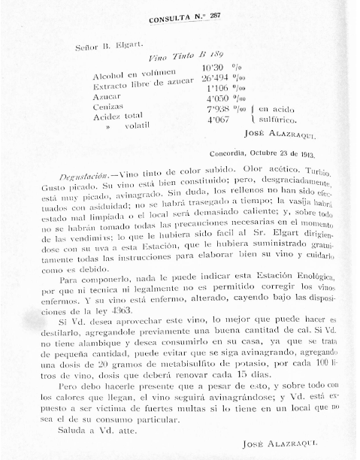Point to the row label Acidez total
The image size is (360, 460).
(119, 118)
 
